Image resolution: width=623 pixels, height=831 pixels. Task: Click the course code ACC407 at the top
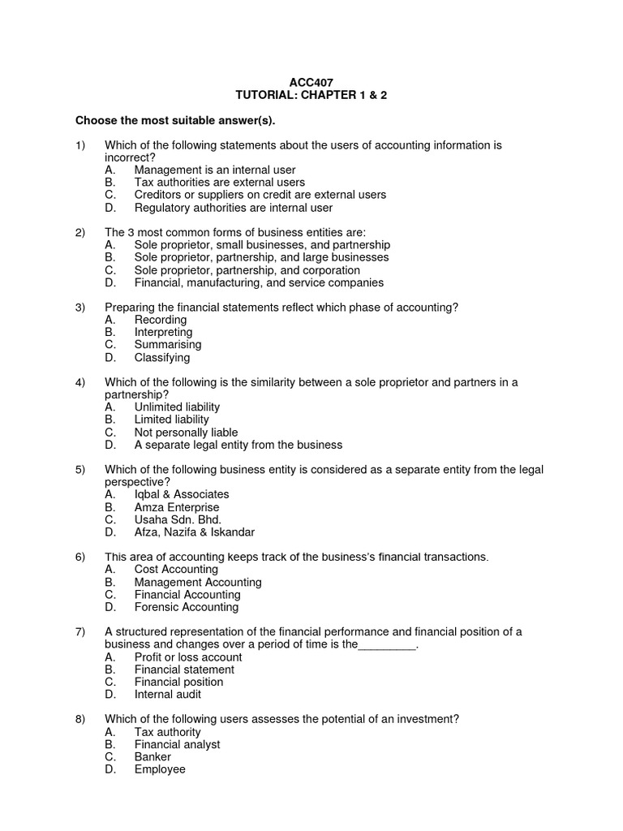point(311,83)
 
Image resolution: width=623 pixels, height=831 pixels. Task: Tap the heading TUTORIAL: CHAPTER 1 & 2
point(311,95)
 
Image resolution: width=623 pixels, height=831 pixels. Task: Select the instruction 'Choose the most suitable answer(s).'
point(175,121)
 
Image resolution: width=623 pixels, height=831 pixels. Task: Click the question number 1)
point(79,145)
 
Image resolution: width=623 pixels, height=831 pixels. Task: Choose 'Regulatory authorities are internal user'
point(234,208)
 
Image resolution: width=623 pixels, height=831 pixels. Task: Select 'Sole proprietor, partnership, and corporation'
point(247,270)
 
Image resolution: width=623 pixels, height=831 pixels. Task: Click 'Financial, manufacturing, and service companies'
point(259,282)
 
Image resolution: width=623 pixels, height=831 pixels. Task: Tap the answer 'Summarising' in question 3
point(168,345)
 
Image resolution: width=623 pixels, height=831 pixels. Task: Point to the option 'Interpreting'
point(163,332)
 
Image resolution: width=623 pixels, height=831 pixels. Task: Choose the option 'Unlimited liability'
point(177,407)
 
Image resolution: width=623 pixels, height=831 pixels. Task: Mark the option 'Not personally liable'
point(186,433)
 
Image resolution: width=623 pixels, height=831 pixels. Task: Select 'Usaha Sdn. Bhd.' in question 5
point(178,519)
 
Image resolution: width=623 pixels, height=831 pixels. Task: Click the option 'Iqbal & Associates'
point(182,494)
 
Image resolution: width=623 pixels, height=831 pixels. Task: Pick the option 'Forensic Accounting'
point(187,607)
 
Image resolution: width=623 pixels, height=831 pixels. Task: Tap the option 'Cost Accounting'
point(177,570)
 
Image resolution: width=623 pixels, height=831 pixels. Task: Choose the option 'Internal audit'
point(168,695)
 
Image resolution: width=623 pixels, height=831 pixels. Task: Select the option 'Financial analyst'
point(177,744)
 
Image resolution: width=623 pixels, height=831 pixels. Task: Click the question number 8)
point(79,719)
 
